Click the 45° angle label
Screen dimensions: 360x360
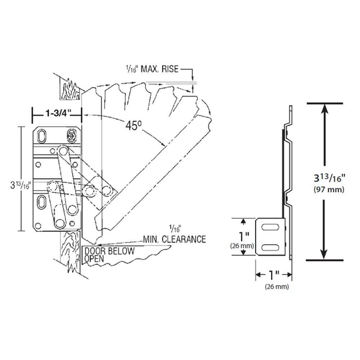tap(133, 125)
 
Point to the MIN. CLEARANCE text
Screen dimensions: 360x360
tap(174, 239)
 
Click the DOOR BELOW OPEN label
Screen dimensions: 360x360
tap(109, 255)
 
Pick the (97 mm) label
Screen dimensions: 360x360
tap(329, 189)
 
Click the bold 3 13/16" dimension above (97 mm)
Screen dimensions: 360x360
tap(329, 178)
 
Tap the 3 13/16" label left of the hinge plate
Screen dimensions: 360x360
tap(21, 186)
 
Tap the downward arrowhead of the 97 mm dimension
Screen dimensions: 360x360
tap(325, 254)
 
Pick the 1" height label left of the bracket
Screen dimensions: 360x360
tap(244, 237)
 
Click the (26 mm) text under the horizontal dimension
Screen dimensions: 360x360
tap(277, 287)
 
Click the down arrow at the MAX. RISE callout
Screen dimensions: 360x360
tap(193, 77)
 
